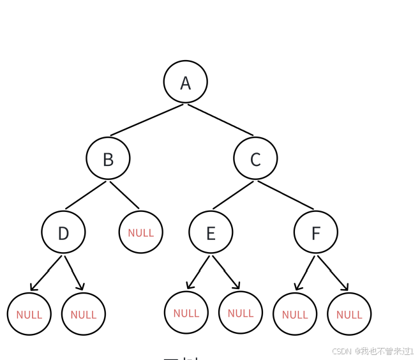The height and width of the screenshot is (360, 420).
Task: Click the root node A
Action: (x=185, y=82)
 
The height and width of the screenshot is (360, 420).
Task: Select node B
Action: (x=108, y=158)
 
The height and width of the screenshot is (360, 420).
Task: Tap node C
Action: (x=255, y=158)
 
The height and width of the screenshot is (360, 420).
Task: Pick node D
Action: (x=63, y=232)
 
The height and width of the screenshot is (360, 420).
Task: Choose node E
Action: (x=211, y=232)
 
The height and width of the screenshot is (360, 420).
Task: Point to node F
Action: (x=315, y=232)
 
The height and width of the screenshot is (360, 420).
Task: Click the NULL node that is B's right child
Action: (x=140, y=232)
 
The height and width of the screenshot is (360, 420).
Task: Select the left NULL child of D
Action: (x=29, y=314)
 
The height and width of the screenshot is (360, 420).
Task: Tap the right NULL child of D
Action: (x=83, y=314)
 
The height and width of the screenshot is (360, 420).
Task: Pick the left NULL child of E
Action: (x=186, y=313)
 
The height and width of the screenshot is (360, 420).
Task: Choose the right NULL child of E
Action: (x=240, y=313)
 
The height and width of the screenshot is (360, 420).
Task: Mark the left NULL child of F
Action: (x=294, y=314)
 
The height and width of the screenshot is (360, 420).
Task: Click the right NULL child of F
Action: (x=349, y=314)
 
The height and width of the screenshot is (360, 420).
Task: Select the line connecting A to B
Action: (x=147, y=120)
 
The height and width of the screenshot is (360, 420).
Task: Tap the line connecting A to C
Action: (x=220, y=120)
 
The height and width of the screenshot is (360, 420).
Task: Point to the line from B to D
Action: (x=86, y=195)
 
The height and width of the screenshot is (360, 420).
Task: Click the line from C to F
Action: (x=285, y=195)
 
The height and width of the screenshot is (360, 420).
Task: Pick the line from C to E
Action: (x=233, y=195)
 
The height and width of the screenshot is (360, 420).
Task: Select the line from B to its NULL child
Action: (x=124, y=195)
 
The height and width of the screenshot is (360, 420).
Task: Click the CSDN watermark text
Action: (x=373, y=351)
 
